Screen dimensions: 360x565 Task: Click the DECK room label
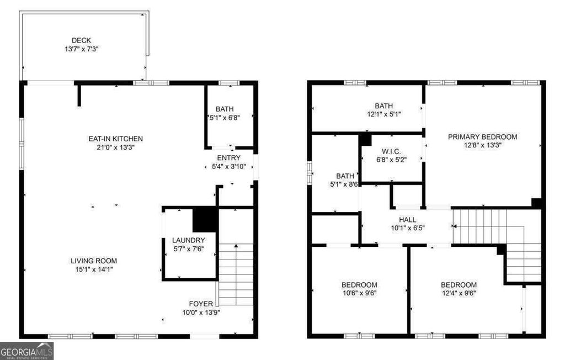click(x=81, y=40)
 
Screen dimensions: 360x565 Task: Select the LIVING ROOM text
click(x=94, y=261)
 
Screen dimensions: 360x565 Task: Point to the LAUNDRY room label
click(x=188, y=240)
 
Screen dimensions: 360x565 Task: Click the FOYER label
click(x=201, y=303)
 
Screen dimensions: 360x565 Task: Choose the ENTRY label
click(x=228, y=158)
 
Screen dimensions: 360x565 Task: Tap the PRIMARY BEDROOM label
click(x=482, y=137)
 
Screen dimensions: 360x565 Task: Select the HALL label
click(x=407, y=219)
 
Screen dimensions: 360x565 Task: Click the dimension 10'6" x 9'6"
click(x=359, y=293)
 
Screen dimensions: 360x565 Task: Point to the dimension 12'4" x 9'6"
click(x=459, y=293)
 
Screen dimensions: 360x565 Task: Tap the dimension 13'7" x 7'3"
click(x=81, y=49)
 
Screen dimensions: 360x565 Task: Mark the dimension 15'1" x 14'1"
click(x=94, y=269)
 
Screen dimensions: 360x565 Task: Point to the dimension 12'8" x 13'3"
click(x=482, y=145)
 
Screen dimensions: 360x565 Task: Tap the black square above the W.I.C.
click(x=365, y=139)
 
